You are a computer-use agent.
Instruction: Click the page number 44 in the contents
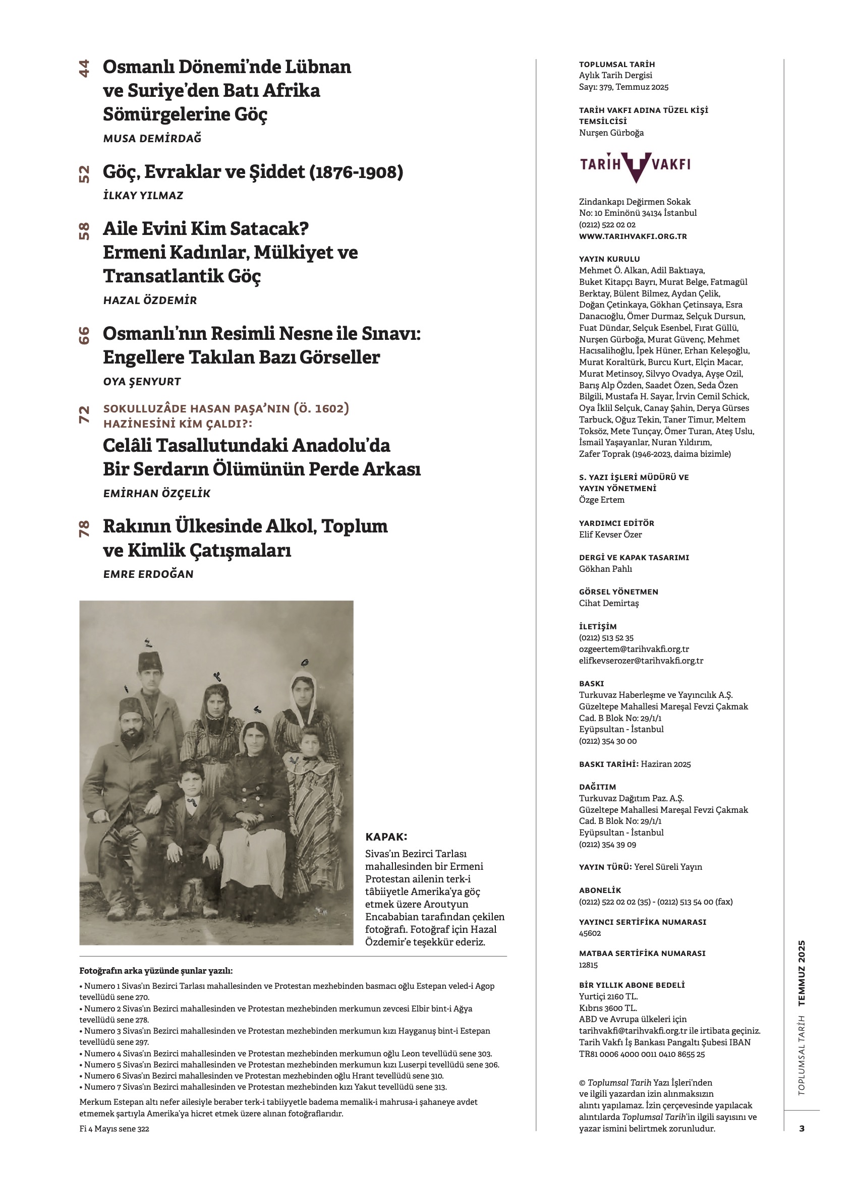(84, 69)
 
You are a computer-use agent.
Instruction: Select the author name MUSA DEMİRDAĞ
(152, 139)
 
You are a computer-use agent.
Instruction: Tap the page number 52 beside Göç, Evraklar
(84, 174)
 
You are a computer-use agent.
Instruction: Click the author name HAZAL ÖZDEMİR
(150, 301)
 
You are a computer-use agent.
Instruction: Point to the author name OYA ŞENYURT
(142, 382)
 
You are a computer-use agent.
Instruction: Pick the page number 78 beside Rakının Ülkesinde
(84, 528)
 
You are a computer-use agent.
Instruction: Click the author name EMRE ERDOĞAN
(149, 574)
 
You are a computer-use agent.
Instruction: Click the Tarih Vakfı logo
(635, 165)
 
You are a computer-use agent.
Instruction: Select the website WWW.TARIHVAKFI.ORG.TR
(633, 236)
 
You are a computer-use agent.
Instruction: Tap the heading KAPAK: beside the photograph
(386, 837)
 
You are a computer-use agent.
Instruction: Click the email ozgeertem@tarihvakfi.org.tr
(634, 649)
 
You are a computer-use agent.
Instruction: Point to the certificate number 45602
(590, 933)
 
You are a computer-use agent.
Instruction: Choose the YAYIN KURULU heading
(609, 259)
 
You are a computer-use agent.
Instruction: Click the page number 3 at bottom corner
(802, 1128)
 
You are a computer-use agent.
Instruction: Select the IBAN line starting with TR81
(642, 1054)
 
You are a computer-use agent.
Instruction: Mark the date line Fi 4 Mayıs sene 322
(114, 1129)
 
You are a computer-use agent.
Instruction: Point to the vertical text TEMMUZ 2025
(802, 973)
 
